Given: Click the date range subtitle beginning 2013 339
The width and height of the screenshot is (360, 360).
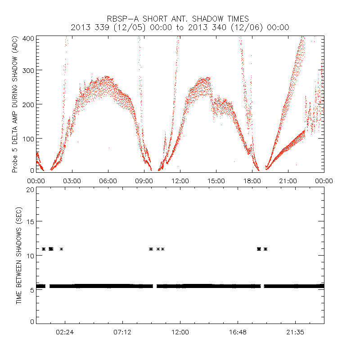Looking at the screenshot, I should [180, 27].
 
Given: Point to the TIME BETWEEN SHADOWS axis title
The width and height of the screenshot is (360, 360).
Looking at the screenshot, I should [19, 255].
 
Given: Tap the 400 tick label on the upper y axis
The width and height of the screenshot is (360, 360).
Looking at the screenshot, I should [29, 38].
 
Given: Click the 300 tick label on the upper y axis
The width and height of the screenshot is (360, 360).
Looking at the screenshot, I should [29, 71].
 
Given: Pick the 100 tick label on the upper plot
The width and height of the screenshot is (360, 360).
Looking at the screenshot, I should [29, 138].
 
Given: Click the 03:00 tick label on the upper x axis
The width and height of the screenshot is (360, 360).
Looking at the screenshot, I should [72, 180].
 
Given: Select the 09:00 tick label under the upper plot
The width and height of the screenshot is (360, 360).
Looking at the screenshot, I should [144, 180].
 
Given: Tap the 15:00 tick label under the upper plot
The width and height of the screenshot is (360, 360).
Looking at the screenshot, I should [216, 180].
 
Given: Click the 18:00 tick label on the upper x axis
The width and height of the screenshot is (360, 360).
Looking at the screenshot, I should [252, 180].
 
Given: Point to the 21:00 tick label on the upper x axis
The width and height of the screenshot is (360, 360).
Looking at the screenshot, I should [288, 180].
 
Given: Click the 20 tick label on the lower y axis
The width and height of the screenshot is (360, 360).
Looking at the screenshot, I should [30, 189].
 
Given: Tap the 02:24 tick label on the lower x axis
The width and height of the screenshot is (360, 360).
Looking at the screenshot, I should [65, 333].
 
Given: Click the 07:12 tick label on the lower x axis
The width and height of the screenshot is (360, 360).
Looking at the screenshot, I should [122, 333].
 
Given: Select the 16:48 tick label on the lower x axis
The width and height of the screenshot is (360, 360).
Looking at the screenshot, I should [238, 333].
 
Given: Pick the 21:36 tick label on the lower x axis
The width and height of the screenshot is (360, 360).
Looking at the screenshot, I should [295, 333].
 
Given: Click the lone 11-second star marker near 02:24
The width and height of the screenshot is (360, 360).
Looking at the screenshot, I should [61, 249].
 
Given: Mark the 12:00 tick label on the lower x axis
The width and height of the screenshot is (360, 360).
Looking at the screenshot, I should [180, 333].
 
